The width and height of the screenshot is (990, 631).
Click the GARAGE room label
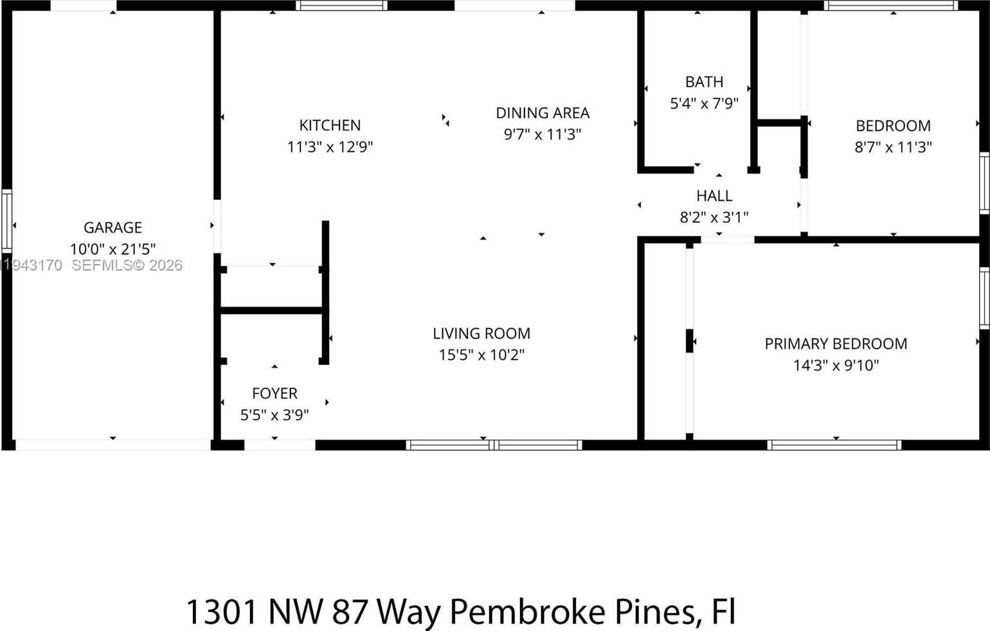[x=113, y=227]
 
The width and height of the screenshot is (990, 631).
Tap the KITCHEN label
[x=330, y=125]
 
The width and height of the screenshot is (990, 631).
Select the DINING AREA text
[x=543, y=113]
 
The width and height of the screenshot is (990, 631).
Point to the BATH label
[x=704, y=82]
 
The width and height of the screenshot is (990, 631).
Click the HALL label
[x=714, y=196]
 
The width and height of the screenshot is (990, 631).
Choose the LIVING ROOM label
[x=482, y=333]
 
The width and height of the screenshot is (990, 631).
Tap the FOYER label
[x=274, y=393]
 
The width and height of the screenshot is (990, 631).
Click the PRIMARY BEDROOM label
[x=836, y=344]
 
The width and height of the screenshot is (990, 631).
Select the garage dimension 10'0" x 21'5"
[x=113, y=249]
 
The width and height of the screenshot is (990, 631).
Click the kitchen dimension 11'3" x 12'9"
[x=330, y=147]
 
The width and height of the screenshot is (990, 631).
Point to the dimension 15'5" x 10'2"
[x=482, y=355]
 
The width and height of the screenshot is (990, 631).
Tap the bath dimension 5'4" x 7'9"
[x=704, y=103]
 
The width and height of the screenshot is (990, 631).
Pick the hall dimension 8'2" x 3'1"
[x=714, y=217]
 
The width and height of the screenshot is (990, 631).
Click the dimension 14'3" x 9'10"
[x=836, y=365]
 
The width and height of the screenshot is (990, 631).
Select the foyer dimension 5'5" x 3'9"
[x=274, y=415]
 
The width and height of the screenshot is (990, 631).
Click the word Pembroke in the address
[x=526, y=611]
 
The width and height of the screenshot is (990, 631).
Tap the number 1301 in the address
[x=222, y=611]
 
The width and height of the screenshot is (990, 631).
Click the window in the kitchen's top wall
[x=341, y=6]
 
